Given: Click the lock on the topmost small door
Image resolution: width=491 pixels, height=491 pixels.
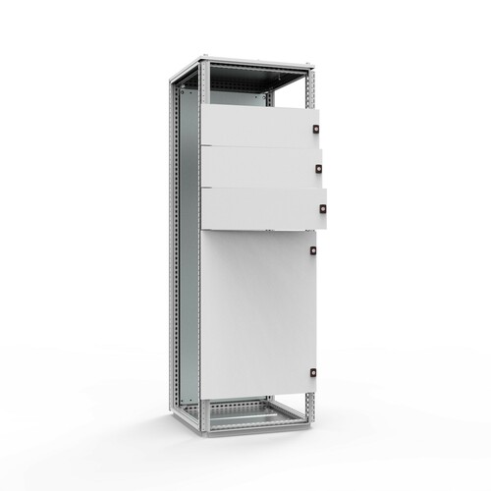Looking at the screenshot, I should (316, 129).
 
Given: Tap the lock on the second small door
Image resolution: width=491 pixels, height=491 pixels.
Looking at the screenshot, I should (319, 168).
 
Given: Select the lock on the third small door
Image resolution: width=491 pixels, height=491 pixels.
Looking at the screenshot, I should (322, 207).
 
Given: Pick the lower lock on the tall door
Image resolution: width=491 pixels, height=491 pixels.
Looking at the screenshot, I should (313, 373).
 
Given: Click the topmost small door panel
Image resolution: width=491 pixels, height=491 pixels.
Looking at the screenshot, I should (257, 126).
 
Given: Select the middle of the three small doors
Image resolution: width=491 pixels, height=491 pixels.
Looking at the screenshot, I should (259, 167).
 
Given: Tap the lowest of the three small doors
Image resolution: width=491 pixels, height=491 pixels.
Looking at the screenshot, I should (261, 208).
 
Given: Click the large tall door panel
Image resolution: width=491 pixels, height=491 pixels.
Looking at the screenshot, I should (257, 314).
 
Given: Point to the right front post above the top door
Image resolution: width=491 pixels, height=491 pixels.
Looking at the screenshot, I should (310, 88).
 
